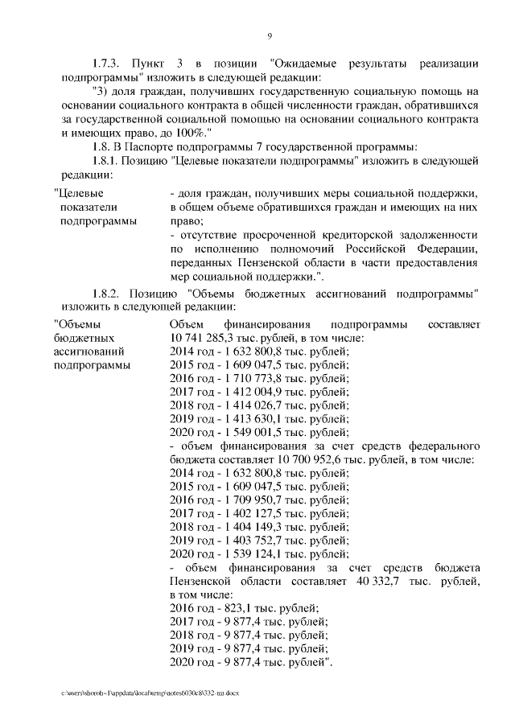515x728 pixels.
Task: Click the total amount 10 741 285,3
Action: (x=204, y=338)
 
